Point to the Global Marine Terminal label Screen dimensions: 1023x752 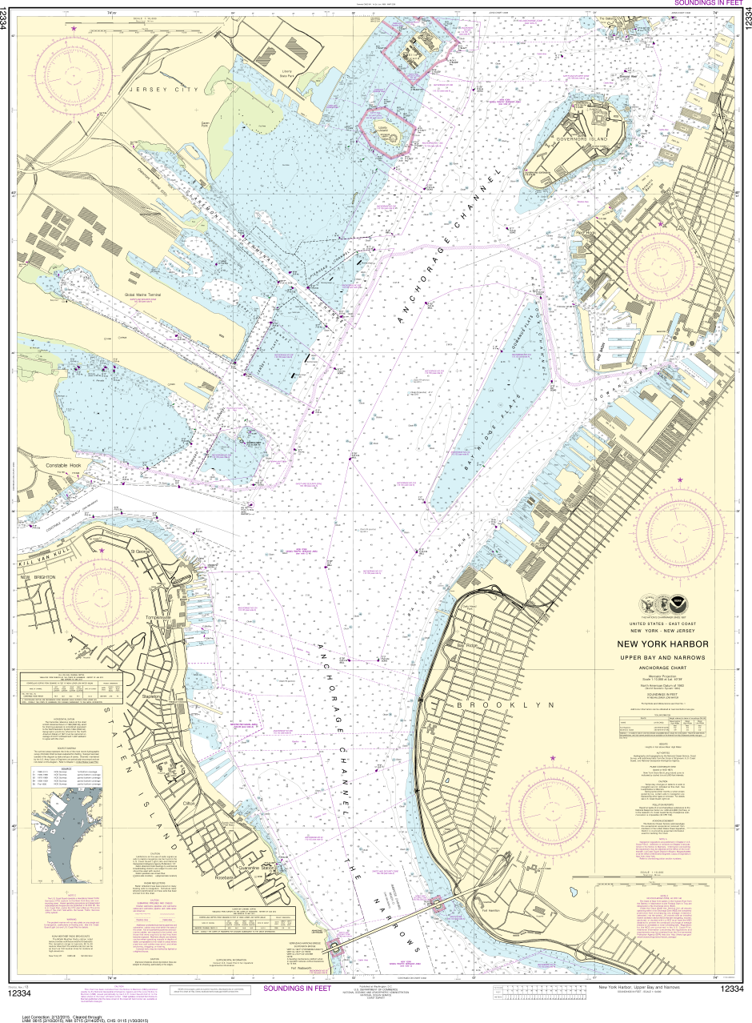pos(142,295)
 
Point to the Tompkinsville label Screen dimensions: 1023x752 pos(159,617)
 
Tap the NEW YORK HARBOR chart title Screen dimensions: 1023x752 pos(661,645)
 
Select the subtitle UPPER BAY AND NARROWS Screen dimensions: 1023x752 pos(661,657)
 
